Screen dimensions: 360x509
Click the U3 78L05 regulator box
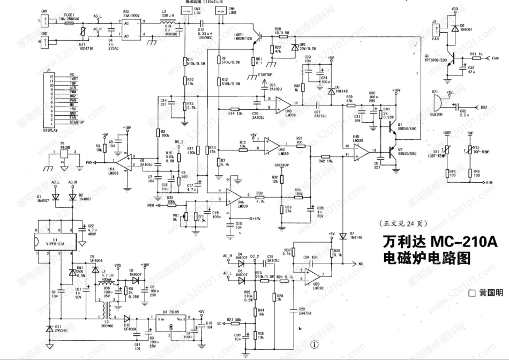(x=171, y=324)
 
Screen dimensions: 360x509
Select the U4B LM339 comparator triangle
(x=282, y=105)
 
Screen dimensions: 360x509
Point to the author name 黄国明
(x=490, y=293)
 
